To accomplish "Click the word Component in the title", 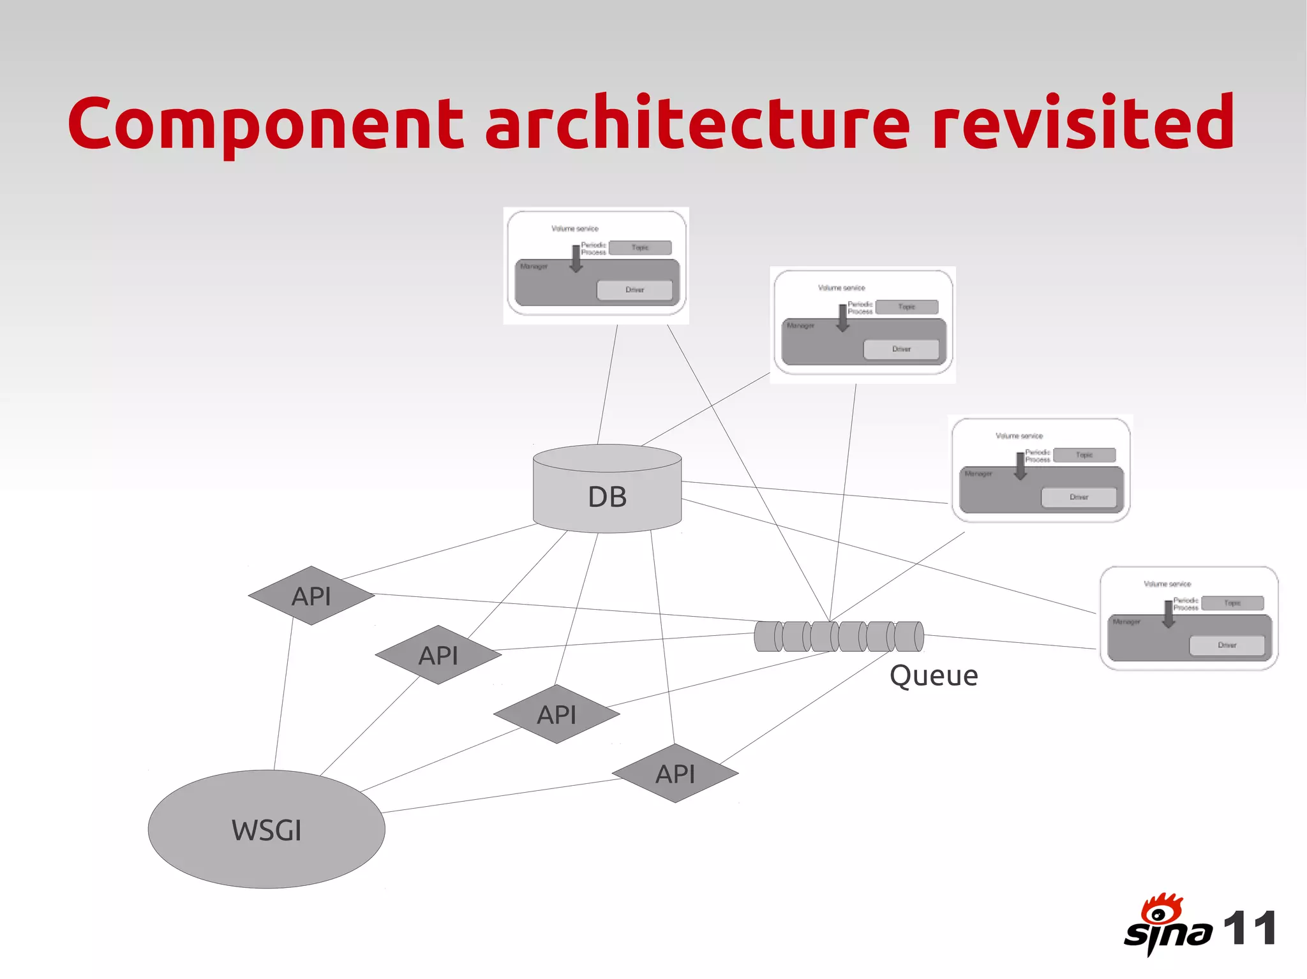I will point(265,123).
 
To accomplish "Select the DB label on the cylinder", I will point(607,497).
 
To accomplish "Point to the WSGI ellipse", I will point(266,829).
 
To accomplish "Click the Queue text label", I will point(934,675).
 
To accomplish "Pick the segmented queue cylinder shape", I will point(839,636).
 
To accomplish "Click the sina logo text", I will point(1167,934).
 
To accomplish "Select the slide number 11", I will point(1250,929).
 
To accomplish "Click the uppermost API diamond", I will point(311,596).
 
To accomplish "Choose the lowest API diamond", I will point(675,773).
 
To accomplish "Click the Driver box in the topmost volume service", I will point(634,290).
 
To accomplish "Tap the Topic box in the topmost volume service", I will point(640,247).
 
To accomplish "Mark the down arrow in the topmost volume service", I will point(576,259).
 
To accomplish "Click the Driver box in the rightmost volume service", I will point(1227,645).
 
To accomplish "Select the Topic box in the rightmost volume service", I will point(1232,603).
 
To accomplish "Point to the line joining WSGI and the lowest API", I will point(498,796).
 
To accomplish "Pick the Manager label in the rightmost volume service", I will point(1126,621).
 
